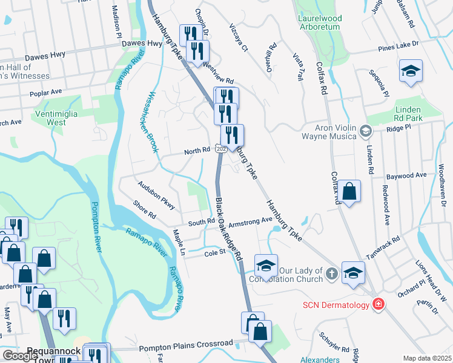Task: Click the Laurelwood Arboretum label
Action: point(320,23)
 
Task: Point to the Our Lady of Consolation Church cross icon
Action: point(331,273)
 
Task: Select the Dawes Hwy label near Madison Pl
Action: point(144,44)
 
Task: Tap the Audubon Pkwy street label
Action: point(156,195)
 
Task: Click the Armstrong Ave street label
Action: point(251,221)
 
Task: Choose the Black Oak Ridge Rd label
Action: point(229,228)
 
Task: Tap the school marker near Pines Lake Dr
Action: point(411,71)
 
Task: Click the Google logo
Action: point(20,356)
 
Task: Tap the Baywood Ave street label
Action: point(406,175)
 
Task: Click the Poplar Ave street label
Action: point(47,92)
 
